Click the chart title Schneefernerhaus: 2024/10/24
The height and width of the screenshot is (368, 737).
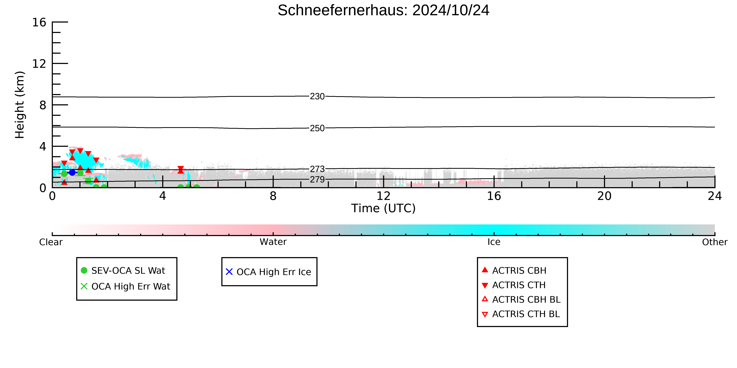point(383,10)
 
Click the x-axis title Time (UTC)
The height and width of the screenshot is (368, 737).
point(383,208)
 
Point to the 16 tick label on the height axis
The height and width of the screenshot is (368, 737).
point(39,22)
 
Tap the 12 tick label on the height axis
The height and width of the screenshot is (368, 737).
point(39,64)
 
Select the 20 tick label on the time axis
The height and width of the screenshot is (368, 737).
point(604,196)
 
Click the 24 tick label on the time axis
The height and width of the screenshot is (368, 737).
point(715,196)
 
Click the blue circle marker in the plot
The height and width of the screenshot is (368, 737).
point(72,172)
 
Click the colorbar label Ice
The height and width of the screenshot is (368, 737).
point(494,242)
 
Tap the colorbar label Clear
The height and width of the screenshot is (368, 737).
point(51,242)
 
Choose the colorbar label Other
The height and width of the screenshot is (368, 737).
point(715,242)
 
